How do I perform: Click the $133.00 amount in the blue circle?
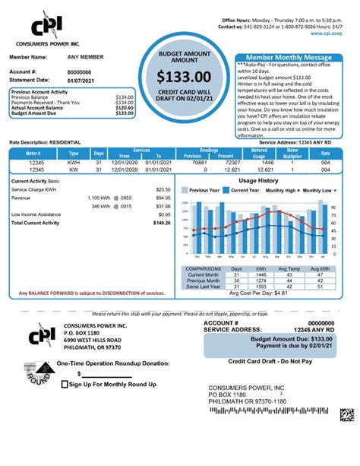tap(185, 78)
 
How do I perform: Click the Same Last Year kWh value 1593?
tap(260, 287)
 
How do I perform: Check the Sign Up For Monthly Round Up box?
tap(65, 385)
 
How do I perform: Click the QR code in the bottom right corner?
tap(347, 415)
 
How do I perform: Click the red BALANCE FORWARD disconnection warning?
tap(91, 293)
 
